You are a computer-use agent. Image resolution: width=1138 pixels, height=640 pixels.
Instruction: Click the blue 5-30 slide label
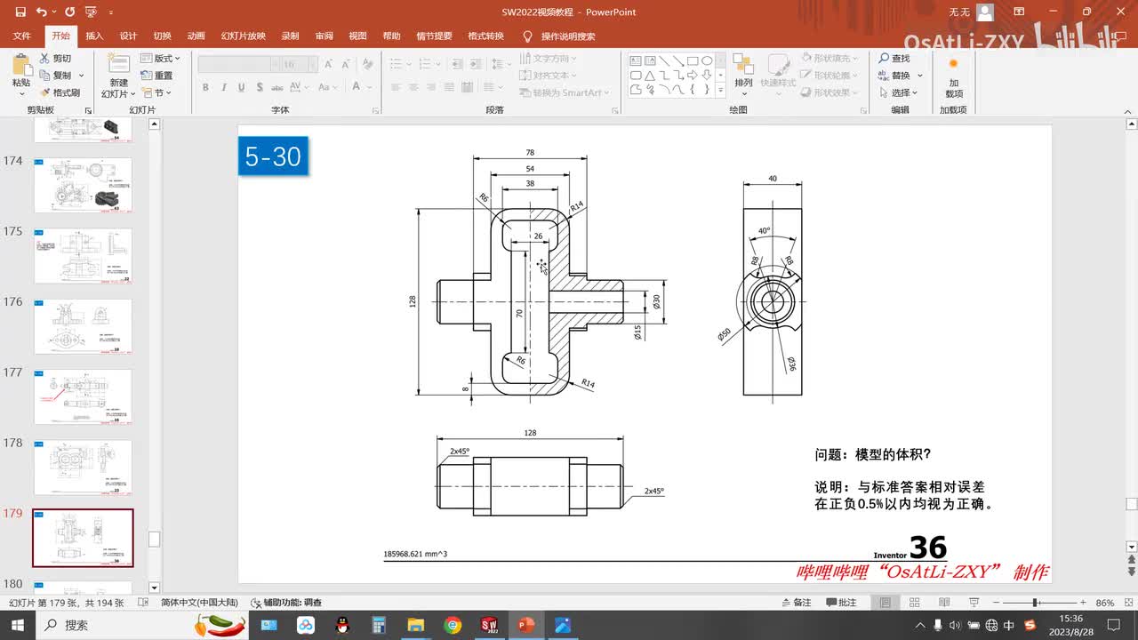click(x=273, y=156)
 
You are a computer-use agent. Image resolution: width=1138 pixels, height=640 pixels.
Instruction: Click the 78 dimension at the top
click(x=530, y=153)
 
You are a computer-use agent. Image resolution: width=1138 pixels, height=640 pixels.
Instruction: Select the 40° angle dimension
click(x=764, y=231)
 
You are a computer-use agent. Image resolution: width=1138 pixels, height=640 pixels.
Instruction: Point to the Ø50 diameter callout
click(x=725, y=334)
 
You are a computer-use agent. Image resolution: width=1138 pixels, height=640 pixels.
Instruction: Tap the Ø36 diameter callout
click(x=790, y=363)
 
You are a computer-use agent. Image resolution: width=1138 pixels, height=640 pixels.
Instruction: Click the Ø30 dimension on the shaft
click(x=657, y=301)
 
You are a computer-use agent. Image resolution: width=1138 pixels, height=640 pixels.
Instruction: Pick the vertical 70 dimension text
click(x=520, y=313)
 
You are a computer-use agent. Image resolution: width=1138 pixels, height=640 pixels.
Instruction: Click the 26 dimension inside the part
click(x=538, y=236)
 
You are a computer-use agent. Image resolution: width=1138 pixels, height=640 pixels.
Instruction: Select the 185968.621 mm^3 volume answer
click(x=415, y=554)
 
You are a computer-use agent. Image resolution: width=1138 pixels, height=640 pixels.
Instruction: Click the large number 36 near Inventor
click(x=928, y=547)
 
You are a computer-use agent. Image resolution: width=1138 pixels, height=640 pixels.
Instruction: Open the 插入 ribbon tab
click(x=94, y=36)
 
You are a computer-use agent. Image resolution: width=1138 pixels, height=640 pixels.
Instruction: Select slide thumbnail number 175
click(x=83, y=256)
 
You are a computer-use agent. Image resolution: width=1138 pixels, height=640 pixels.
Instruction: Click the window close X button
click(x=1118, y=12)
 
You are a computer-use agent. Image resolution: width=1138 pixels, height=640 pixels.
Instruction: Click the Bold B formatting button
click(x=205, y=87)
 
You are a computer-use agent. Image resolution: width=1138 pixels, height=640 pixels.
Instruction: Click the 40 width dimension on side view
click(x=773, y=179)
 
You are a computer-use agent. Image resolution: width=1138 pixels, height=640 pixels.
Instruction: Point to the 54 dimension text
click(x=530, y=168)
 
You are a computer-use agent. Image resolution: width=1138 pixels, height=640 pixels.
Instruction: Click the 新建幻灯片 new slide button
click(x=118, y=76)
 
